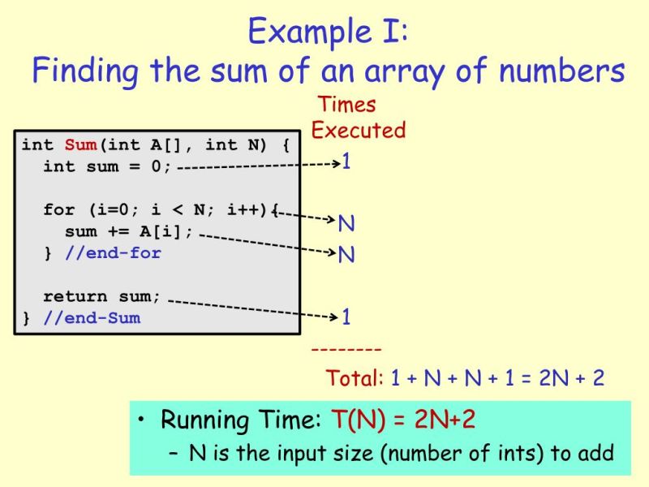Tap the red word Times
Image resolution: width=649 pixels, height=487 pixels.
347,105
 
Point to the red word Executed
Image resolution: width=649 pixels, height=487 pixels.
358,130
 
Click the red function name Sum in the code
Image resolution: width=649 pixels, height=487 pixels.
80,145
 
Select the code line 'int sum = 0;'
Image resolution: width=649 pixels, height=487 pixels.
107,166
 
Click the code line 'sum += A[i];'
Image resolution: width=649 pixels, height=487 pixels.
129,231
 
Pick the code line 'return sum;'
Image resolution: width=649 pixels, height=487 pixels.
102,296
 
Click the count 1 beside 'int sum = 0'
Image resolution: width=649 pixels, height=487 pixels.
346,162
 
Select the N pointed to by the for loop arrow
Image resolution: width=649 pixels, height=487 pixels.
346,223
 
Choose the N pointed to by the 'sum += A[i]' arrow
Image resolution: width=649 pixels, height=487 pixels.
346,255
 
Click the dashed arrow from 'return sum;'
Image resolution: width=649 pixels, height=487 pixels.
251,308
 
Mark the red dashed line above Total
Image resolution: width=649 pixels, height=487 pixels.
346,350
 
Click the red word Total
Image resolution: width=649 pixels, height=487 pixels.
355,378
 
